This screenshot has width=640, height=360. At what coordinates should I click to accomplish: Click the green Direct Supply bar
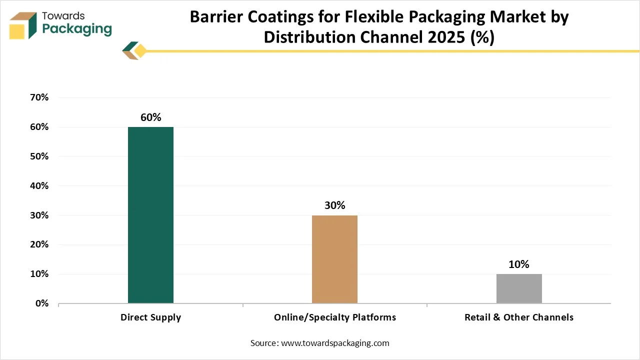(x=150, y=215)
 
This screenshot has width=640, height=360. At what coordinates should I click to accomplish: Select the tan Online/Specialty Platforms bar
(x=334, y=259)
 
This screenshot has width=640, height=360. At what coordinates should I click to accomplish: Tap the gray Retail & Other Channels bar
(x=519, y=288)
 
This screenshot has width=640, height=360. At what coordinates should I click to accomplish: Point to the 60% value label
(x=150, y=117)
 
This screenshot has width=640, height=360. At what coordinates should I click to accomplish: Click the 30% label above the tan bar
(x=334, y=205)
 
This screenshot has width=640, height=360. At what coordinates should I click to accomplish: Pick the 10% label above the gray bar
(x=519, y=264)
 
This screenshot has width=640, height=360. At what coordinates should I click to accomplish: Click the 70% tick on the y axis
(x=39, y=97)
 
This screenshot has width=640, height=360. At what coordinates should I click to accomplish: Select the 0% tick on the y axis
(x=41, y=303)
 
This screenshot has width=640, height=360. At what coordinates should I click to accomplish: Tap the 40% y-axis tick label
(x=39, y=186)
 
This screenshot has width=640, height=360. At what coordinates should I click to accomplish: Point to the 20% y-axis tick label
(x=39, y=244)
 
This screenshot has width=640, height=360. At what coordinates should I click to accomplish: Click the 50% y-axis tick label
(x=39, y=156)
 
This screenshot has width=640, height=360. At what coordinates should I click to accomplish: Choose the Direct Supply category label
(x=150, y=317)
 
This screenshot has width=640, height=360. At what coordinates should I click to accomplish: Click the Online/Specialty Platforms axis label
(x=334, y=317)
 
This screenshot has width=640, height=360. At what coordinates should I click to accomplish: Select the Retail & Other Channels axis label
(x=519, y=317)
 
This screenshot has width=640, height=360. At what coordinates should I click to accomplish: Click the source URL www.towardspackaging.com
(x=335, y=343)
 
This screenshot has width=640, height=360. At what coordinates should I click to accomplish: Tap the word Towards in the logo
(x=63, y=16)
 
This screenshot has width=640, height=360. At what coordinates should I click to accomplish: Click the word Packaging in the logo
(x=77, y=29)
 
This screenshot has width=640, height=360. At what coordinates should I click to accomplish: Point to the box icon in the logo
(x=23, y=25)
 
